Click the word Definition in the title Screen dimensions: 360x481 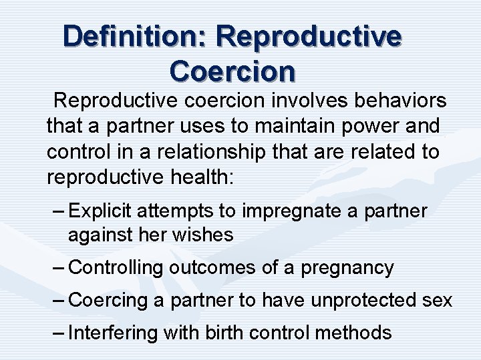tap(134, 36)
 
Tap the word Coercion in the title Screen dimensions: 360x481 tap(232, 70)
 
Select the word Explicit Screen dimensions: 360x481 tap(102, 211)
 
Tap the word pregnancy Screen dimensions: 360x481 tap(347, 268)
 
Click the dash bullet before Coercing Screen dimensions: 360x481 tap(57, 301)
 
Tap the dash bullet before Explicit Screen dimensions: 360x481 tap(57, 211)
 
